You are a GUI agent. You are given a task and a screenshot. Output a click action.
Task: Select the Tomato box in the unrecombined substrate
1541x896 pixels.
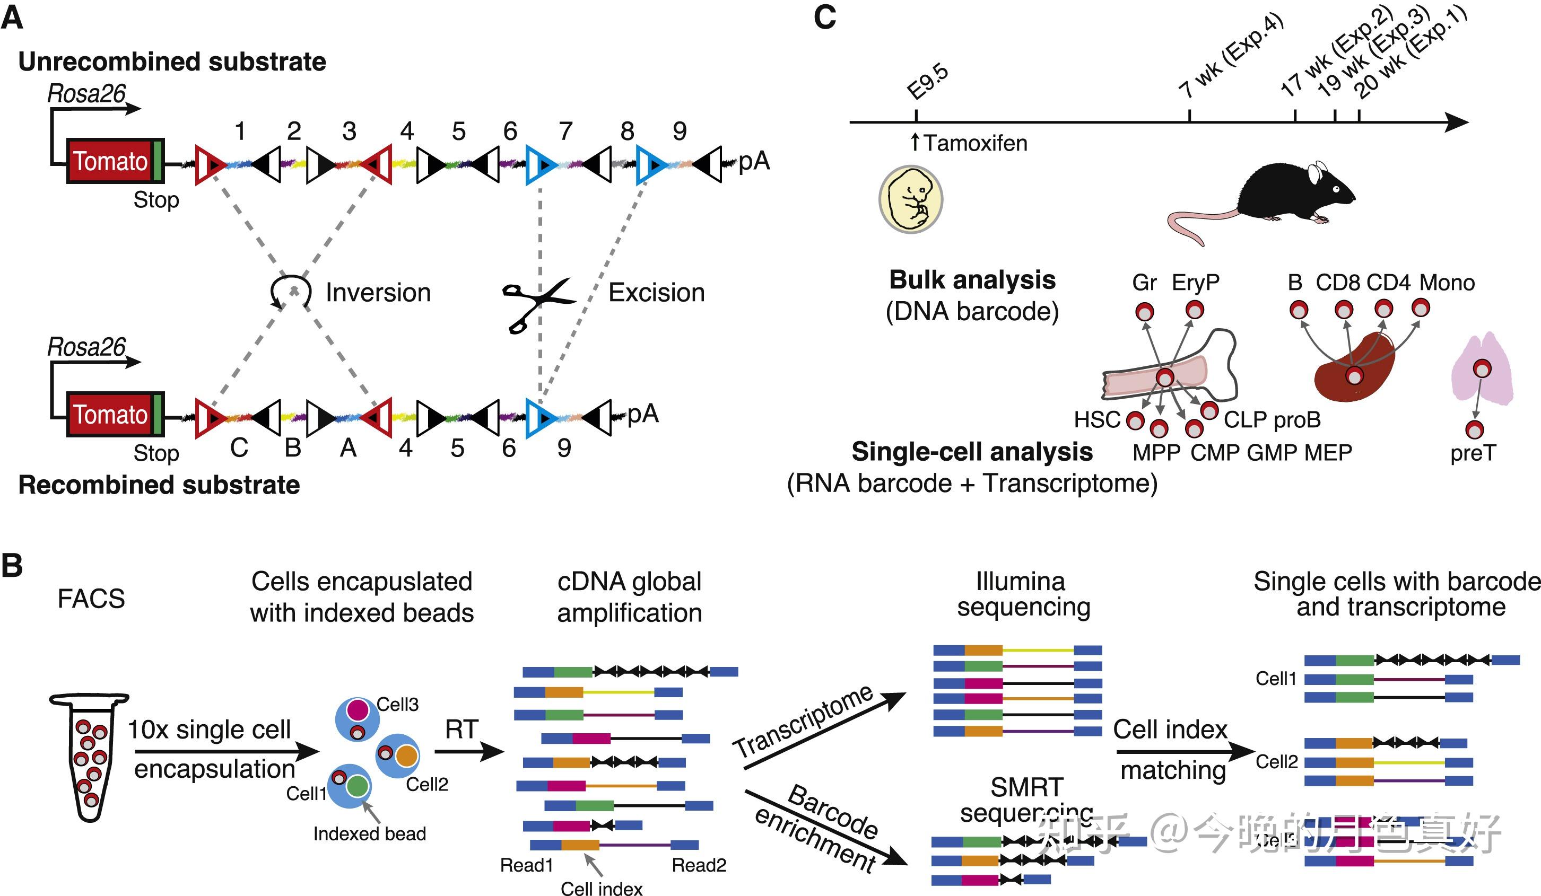111,161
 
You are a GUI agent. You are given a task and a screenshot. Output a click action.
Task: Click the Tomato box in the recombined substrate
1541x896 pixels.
111,415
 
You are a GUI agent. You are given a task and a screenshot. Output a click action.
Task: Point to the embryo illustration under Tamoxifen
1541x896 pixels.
910,199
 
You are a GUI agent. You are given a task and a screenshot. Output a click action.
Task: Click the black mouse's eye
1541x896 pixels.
1337,188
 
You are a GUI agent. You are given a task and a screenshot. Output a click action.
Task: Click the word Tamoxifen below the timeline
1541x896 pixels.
975,143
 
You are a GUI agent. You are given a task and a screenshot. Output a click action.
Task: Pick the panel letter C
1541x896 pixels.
824,17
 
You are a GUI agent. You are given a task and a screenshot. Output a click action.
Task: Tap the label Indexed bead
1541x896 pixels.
369,833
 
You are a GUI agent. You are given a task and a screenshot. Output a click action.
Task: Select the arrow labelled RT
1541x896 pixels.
468,749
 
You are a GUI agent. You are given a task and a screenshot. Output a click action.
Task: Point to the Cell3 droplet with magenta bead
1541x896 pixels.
357,719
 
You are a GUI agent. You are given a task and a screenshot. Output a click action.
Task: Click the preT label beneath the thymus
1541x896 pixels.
1473,453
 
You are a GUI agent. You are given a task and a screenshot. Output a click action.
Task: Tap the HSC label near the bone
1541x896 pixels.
1097,420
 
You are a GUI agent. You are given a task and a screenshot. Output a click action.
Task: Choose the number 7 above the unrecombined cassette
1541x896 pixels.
565,131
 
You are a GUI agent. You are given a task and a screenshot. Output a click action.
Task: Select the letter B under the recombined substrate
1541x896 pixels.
293,448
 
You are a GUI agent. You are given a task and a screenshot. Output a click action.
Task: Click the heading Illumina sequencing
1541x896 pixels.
1022,594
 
